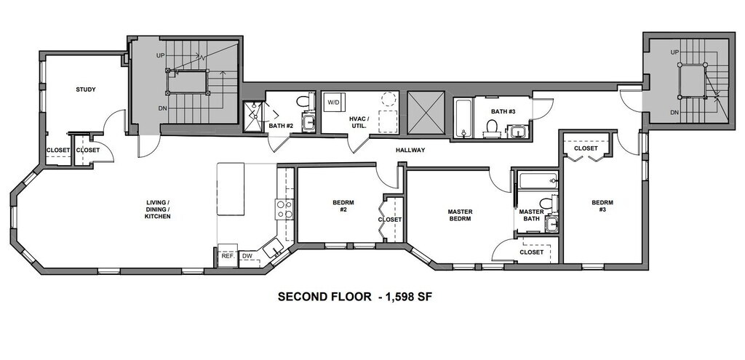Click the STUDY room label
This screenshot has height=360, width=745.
click(x=86, y=89)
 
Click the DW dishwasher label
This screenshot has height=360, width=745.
click(x=247, y=256)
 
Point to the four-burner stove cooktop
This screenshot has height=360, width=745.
click(x=284, y=209)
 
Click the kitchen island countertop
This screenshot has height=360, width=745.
click(x=231, y=189)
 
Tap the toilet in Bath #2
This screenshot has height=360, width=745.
click(x=303, y=101)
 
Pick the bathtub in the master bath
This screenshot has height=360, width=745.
click(x=538, y=181)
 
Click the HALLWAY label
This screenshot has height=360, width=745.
click(x=410, y=150)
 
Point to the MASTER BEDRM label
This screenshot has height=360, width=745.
click(x=460, y=215)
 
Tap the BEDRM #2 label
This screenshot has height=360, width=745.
click(x=343, y=206)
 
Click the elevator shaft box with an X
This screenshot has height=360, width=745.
click(x=426, y=113)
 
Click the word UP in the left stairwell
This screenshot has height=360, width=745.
click(x=161, y=55)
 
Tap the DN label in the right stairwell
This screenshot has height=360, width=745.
click(x=674, y=113)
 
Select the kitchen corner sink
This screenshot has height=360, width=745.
click(x=274, y=248)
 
